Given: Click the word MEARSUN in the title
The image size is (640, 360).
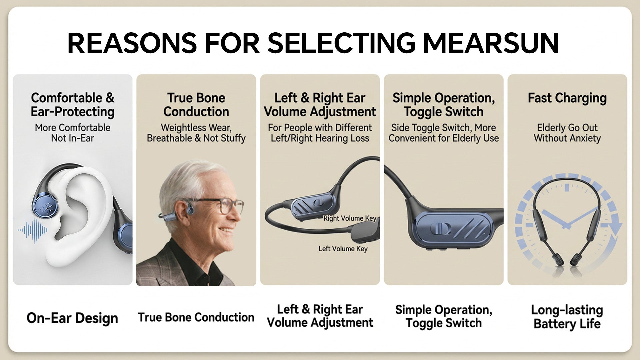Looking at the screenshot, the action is pyautogui.click(x=491, y=43).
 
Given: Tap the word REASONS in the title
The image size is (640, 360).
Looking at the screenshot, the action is pyautogui.click(x=132, y=43).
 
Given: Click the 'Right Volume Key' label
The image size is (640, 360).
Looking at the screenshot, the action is pyautogui.click(x=350, y=218).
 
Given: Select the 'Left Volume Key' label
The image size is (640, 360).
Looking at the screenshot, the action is pyautogui.click(x=343, y=249).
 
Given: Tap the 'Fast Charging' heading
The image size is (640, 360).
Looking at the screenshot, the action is pyautogui.click(x=567, y=98).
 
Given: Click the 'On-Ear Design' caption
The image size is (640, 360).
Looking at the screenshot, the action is pyautogui.click(x=72, y=318).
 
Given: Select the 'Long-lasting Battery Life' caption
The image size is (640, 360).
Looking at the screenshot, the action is pyautogui.click(x=567, y=317).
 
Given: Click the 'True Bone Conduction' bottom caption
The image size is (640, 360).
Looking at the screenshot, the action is pyautogui.click(x=196, y=317).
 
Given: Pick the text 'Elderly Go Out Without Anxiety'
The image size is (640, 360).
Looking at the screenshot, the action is pyautogui.click(x=567, y=133).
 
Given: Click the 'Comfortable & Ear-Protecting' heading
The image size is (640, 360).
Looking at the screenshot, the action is pyautogui.click(x=72, y=105).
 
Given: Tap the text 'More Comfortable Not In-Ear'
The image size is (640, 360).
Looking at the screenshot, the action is pyautogui.click(x=72, y=133).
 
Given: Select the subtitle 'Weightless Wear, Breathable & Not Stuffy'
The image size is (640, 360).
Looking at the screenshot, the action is pyautogui.click(x=196, y=133).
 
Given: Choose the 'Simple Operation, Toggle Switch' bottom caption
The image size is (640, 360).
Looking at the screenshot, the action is pyautogui.click(x=444, y=316).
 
